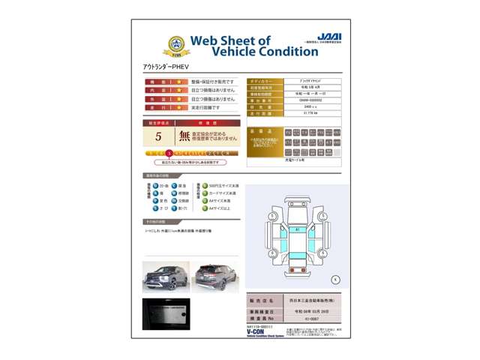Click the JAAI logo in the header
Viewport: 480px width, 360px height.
328,37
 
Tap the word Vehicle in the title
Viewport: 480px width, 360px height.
235,52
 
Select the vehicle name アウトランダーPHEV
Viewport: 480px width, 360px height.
166,67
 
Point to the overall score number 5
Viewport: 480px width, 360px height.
158,136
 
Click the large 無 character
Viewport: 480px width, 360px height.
185,136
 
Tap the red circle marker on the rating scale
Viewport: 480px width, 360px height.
169,153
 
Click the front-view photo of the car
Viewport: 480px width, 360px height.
166,276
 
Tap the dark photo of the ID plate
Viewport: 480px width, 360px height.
166,314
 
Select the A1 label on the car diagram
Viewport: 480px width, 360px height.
297,229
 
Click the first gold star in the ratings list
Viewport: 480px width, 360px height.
178,82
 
